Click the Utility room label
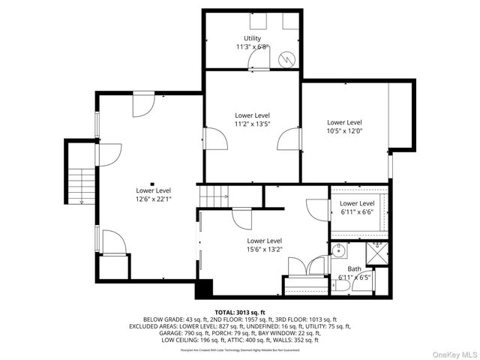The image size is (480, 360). tap(252, 38)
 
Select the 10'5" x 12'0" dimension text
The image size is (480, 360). tap(344, 130)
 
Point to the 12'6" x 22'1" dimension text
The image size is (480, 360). tap(153, 199)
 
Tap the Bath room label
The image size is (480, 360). tap(354, 268)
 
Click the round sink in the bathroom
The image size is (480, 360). tap(339, 250)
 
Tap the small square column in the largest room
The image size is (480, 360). tap(152, 184)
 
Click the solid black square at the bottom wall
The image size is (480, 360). tap(204, 289)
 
